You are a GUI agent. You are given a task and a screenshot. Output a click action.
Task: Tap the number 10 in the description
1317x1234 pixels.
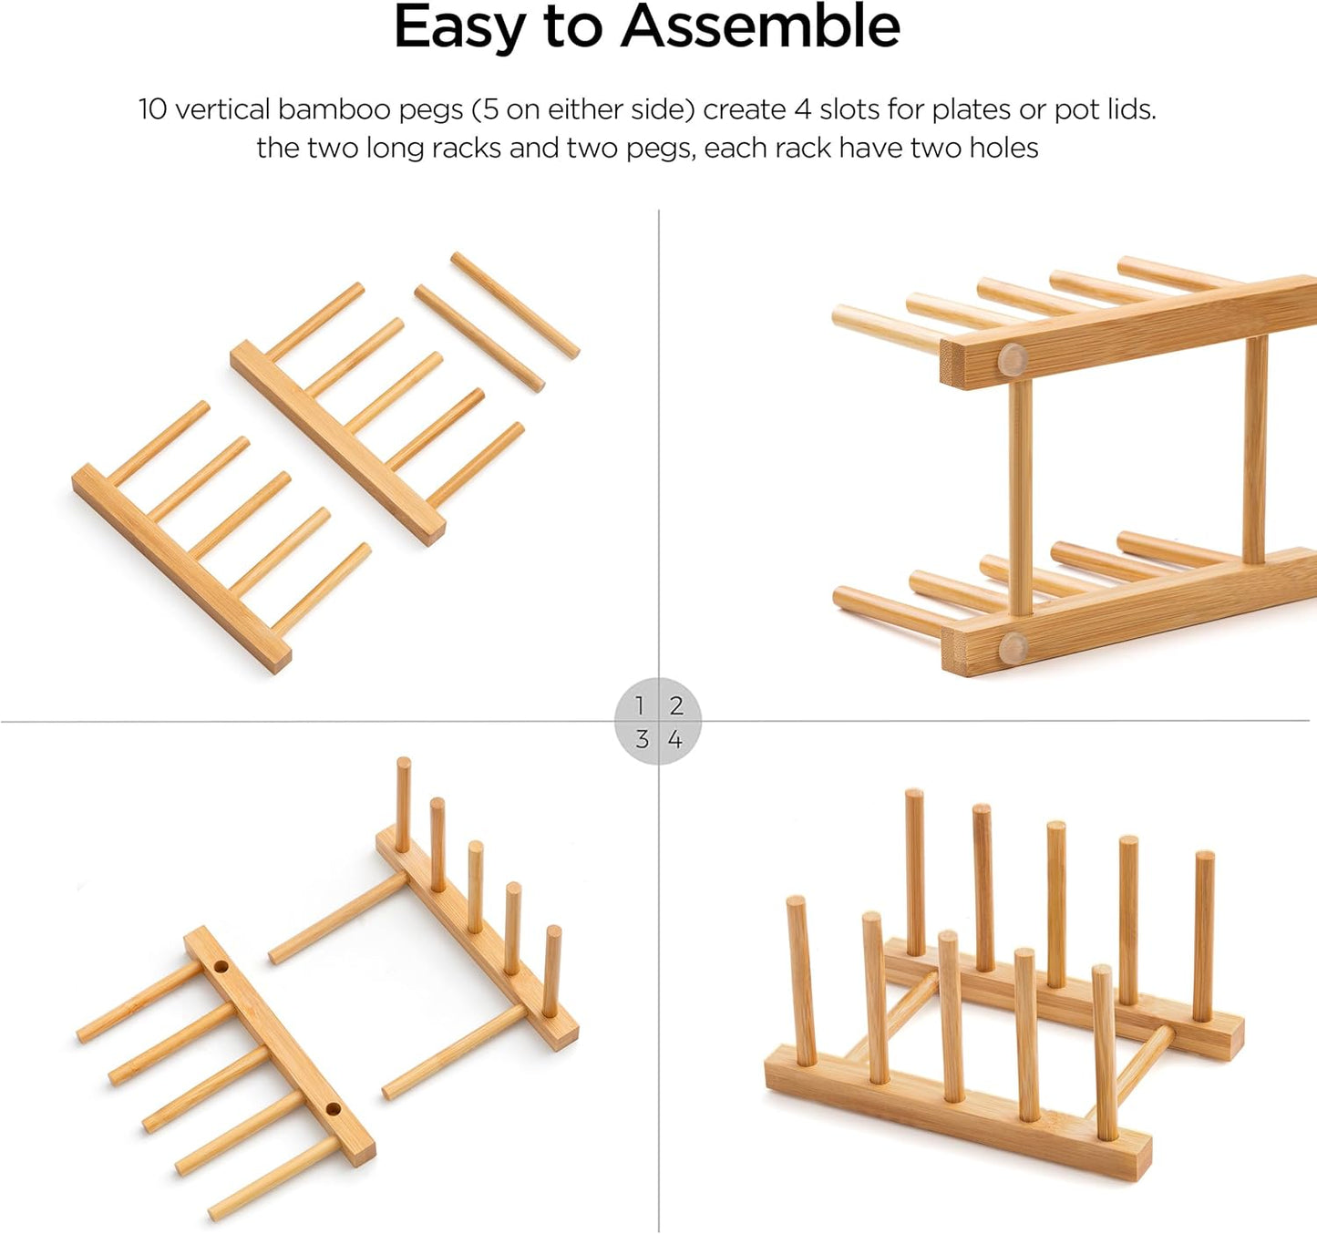[x=152, y=109]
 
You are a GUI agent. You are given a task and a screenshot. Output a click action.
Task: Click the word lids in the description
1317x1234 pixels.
[x=1131, y=109]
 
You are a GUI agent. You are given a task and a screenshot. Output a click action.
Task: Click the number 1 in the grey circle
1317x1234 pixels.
[x=641, y=706]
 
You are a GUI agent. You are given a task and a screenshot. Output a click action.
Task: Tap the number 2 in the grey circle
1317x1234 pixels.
[x=676, y=706]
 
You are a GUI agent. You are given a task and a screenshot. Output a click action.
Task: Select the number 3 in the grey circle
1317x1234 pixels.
[x=642, y=739]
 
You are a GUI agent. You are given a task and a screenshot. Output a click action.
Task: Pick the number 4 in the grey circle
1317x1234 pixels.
[x=675, y=739]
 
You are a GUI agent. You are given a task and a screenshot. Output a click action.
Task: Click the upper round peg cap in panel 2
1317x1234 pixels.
[x=1012, y=358]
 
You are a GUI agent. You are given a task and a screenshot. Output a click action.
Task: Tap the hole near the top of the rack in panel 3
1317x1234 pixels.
[x=221, y=966]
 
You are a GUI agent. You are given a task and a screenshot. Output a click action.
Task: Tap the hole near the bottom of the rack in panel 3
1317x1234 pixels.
[x=333, y=1109]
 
